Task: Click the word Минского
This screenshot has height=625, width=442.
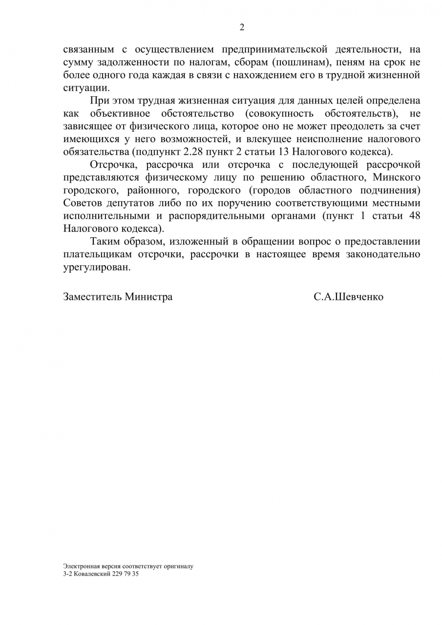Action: point(397,177)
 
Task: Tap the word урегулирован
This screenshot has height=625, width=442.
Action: point(97,268)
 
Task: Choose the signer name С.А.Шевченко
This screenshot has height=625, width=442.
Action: point(349,297)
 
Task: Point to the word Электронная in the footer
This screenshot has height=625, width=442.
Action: point(79,566)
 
